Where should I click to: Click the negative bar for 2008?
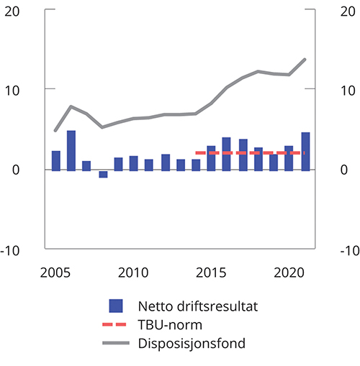(103, 173)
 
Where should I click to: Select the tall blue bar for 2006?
(71, 150)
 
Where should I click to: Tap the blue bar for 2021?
(305, 151)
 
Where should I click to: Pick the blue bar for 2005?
(56, 160)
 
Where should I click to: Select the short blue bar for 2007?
(86, 165)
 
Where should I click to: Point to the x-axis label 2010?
(132, 273)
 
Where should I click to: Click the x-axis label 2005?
(56, 273)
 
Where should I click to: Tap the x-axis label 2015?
(211, 273)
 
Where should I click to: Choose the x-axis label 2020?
(289, 273)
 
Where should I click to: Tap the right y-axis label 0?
(344, 170)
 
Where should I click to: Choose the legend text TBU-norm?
(169, 325)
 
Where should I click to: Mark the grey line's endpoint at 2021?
(305, 59)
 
